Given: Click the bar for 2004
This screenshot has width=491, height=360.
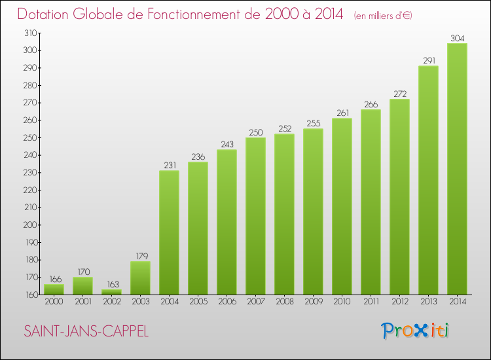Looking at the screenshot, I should [x=169, y=232].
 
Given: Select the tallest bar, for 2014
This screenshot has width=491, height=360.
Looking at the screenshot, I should [x=457, y=169].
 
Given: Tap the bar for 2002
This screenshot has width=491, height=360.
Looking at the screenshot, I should [x=111, y=292].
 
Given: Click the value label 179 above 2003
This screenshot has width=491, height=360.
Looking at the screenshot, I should [x=140, y=255].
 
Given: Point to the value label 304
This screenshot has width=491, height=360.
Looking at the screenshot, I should [x=457, y=37].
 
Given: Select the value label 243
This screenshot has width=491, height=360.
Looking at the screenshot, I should [x=227, y=144].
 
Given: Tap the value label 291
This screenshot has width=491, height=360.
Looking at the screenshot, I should [x=428, y=60].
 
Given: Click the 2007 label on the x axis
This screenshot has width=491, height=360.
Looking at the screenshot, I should [x=255, y=302].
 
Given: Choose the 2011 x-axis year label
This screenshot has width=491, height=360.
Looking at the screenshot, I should [x=371, y=302].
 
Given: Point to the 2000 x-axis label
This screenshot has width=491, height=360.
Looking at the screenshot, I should [x=54, y=302].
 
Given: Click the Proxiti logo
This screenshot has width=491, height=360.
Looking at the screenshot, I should [x=416, y=331].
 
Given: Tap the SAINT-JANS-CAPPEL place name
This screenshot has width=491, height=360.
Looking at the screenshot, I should [x=86, y=332].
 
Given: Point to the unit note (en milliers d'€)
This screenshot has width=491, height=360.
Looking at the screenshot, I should [x=383, y=16].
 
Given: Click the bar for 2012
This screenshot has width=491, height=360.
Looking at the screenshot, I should [x=399, y=197].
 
